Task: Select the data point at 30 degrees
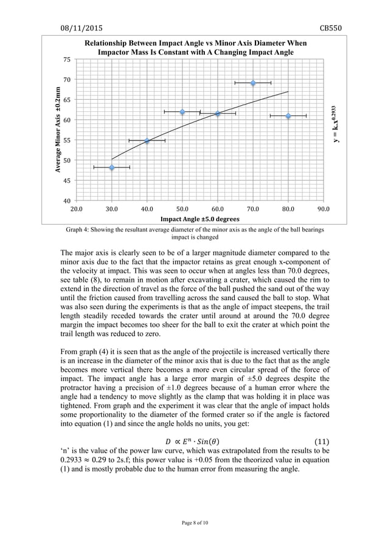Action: point(112,167)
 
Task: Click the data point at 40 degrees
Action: point(147,141)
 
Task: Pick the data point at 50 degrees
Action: point(182,112)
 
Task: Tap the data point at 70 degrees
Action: point(253,83)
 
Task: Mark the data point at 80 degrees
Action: point(288,115)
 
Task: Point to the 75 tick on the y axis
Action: point(66,60)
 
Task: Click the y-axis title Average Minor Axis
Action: point(55,130)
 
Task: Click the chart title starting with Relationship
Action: point(195,48)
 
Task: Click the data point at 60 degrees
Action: point(218,114)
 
